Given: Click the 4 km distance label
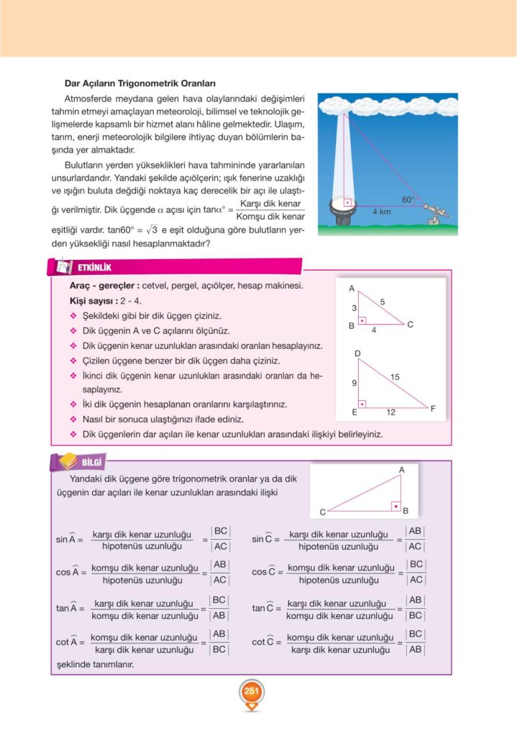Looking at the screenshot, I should point(382,212).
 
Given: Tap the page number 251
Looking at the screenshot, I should point(251,692).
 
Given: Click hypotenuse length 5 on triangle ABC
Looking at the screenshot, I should point(383,302).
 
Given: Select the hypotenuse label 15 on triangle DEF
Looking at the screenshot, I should point(395,377).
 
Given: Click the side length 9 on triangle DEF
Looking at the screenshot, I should point(354,384).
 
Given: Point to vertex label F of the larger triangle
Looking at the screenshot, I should point(433,409).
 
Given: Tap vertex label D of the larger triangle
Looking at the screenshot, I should point(357,353).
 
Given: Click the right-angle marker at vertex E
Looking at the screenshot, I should point(363,404).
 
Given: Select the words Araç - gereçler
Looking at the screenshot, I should point(100,286).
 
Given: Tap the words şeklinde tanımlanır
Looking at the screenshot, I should point(95,664).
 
